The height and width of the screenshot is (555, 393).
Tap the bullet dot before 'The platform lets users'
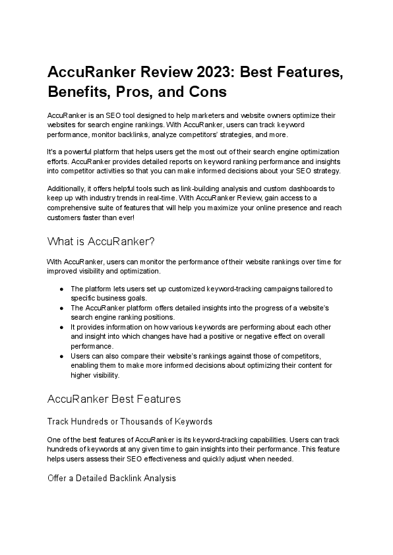click(x=61, y=289)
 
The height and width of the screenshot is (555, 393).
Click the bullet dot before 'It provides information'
click(x=61, y=326)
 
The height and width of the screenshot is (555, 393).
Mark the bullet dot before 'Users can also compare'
click(x=61, y=355)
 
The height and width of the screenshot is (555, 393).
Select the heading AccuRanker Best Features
click(x=114, y=399)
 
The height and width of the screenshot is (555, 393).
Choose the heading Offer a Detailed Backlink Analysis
click(x=111, y=479)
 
